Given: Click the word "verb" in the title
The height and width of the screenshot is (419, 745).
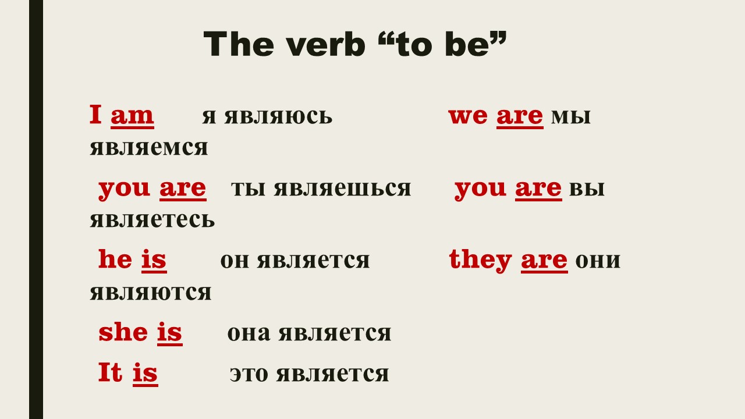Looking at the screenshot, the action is (x=327, y=45).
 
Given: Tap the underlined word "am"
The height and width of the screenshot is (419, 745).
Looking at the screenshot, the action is (x=132, y=116).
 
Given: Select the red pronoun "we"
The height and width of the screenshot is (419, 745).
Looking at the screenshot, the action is (x=468, y=116).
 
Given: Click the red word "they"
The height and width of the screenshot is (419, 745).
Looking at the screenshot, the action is (x=480, y=260).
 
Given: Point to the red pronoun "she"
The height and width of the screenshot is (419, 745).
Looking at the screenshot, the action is (x=123, y=332).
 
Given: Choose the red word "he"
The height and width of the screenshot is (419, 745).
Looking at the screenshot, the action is (x=115, y=259).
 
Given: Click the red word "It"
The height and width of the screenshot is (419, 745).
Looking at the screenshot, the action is (x=110, y=372).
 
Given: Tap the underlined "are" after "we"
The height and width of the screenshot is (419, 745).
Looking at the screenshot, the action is (x=520, y=117).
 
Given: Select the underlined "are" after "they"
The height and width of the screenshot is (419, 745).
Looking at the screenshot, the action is (x=544, y=261).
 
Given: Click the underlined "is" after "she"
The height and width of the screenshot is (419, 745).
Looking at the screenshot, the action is (x=169, y=333).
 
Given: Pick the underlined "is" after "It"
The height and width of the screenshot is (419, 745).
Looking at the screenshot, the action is (x=145, y=374).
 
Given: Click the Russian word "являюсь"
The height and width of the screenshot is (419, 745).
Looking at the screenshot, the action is (x=278, y=116).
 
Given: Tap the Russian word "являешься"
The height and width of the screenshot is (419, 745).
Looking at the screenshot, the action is (x=342, y=189).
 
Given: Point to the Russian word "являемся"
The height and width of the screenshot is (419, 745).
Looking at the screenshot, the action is (x=148, y=148).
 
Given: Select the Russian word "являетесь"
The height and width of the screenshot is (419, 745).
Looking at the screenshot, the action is (x=152, y=220).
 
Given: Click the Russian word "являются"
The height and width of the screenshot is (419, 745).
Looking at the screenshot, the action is (x=150, y=293).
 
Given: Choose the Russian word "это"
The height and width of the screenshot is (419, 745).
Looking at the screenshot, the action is (x=249, y=374).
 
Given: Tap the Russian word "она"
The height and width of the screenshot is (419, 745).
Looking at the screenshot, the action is (x=249, y=333).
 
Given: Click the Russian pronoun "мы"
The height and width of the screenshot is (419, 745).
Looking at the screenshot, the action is (x=571, y=116).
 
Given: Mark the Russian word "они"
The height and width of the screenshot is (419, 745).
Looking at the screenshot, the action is (x=598, y=261).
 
